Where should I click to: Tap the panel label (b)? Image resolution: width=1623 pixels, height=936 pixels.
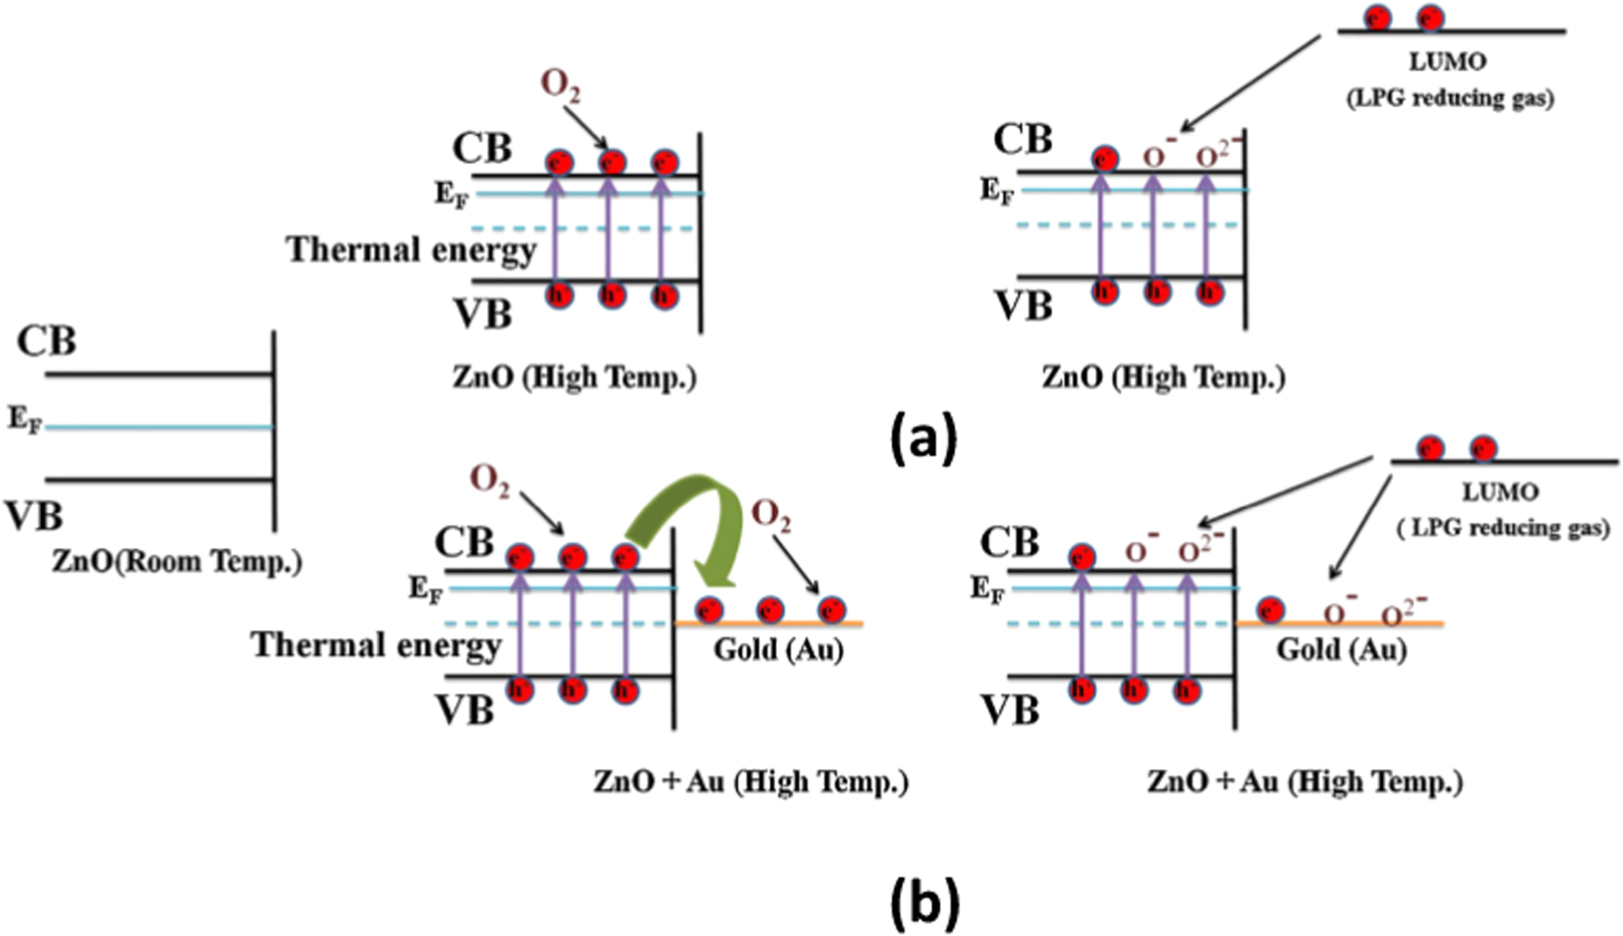926,903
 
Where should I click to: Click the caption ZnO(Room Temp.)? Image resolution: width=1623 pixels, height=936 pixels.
177,561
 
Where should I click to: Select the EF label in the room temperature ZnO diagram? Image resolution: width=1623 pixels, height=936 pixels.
25,418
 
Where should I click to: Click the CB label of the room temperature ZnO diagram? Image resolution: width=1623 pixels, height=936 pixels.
47,341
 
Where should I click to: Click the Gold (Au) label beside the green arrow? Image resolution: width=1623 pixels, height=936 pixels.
778,650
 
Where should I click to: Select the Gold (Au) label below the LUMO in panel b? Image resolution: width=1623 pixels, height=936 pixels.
1341,649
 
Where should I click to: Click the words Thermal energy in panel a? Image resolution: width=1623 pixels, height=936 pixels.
411,250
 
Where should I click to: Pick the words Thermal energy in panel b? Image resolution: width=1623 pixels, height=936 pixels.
375,644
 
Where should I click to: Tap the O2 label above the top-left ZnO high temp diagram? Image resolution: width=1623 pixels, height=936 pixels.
560,86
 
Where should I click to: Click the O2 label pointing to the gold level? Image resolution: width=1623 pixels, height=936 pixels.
770,515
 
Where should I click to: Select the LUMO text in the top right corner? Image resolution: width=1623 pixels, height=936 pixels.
1447,62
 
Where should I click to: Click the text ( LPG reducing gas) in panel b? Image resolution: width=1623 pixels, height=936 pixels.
1503,528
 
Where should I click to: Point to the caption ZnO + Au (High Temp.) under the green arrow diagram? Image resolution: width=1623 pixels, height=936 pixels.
751,783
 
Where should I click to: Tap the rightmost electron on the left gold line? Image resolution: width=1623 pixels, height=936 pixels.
831,610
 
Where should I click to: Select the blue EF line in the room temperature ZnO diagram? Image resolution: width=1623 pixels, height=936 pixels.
161,427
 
